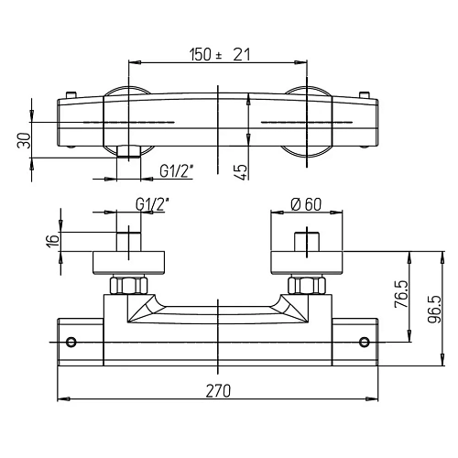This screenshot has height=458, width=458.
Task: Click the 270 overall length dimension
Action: pos(218,391)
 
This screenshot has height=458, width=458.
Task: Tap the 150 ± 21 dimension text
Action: pos(220,55)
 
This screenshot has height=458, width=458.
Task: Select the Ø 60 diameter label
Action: pos(306,204)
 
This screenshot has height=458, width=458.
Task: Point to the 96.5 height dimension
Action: pos(434,309)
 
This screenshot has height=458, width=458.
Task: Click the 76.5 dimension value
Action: pos(401,294)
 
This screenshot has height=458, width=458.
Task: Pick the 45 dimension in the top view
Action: pos(241,172)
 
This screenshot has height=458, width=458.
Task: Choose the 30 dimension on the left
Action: pos(24,140)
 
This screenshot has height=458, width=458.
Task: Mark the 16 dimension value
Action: pos(54,241)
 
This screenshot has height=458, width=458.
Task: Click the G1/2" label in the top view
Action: pos(177,171)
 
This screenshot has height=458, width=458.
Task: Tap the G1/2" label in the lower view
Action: pos(152,204)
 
